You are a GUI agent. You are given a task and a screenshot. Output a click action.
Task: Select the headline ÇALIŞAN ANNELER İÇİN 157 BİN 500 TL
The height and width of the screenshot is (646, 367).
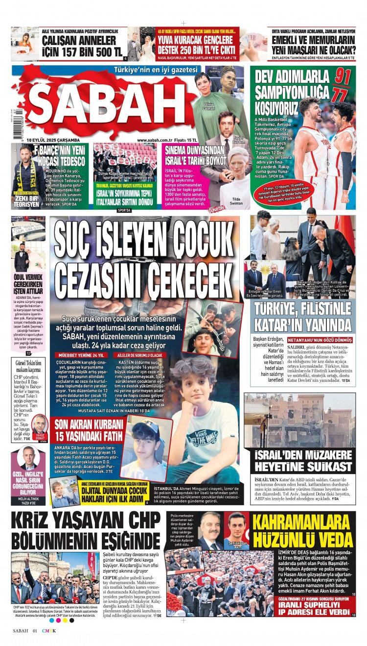coord(82,45)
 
